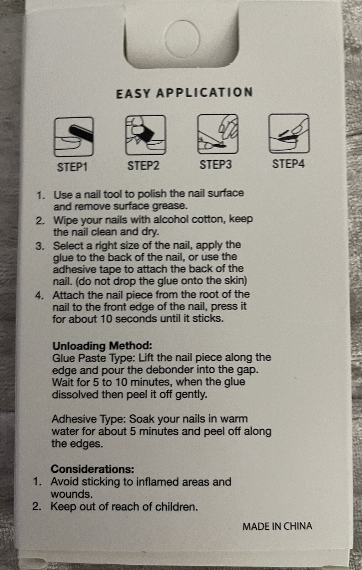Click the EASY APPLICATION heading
(x=184, y=93)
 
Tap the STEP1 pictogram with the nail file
(x=74, y=137)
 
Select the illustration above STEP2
(x=146, y=135)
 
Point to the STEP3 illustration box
(x=218, y=134)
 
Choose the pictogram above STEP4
(x=289, y=133)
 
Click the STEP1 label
(x=72, y=167)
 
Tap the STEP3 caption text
(x=216, y=165)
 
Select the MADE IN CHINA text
(x=277, y=526)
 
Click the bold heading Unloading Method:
(x=102, y=346)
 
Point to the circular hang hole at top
(x=183, y=40)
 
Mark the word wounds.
(x=72, y=494)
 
